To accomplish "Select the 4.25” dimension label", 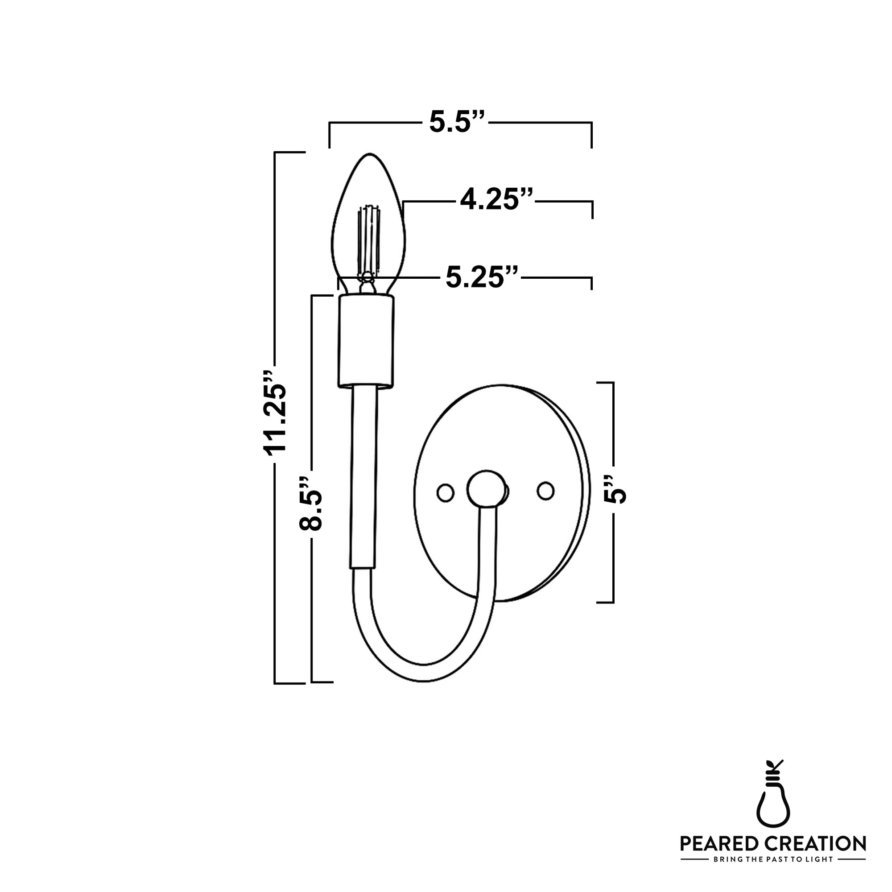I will (496, 200).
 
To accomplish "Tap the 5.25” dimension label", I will (482, 278).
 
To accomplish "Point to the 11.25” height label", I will (276, 413).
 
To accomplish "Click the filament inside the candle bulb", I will (369, 240).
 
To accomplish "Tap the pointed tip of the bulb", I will (369, 155).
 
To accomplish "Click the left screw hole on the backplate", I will (446, 492).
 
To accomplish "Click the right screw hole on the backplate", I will (546, 491).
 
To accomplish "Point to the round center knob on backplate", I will (486, 489).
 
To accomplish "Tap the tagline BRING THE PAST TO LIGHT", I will (773, 860).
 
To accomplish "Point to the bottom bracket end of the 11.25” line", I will (289, 683).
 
